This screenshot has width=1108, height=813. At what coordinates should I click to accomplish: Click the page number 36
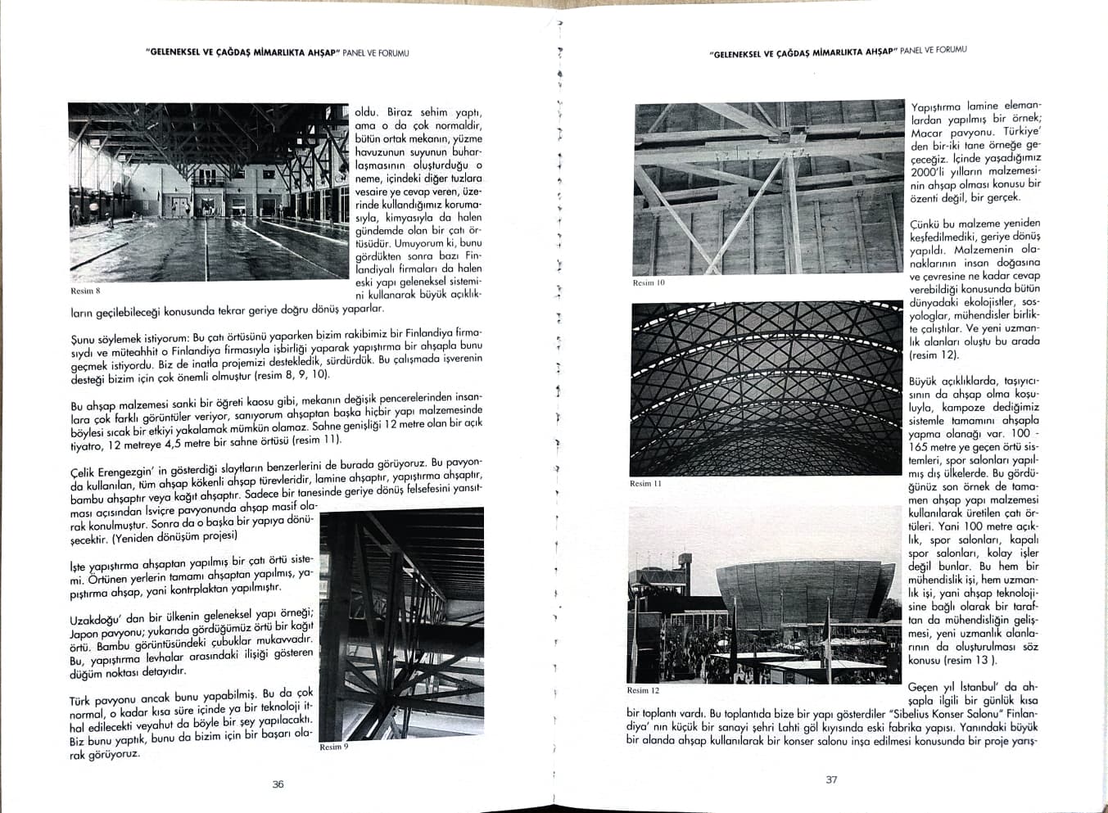coord(278,784)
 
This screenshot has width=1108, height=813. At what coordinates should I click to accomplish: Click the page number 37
coord(831,779)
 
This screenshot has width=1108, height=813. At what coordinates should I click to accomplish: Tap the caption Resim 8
coord(85,291)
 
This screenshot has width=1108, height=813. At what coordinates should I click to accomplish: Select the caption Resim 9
coord(334,747)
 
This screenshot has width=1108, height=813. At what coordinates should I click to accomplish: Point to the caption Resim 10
coord(649,282)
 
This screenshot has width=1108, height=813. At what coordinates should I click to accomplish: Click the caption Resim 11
coord(645,483)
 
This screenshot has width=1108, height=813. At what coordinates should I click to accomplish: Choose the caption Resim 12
coord(643,690)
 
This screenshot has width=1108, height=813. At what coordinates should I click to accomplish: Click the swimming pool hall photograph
coord(209,192)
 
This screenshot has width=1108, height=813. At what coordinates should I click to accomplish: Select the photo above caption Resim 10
coord(768,188)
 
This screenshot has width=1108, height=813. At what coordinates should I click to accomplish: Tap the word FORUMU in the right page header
coord(949,50)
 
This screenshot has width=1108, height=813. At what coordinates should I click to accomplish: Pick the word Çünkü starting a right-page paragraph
coord(925,224)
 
